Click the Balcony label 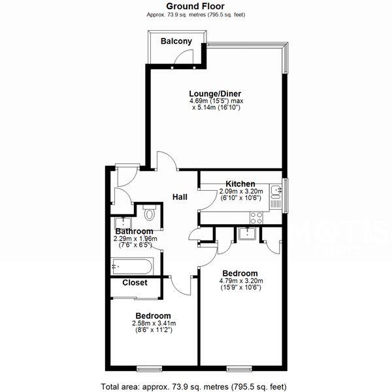tap(176, 42)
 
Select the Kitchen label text tap(240, 184)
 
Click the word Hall tap(181, 197)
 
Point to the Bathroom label tap(134, 231)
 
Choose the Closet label tap(135, 283)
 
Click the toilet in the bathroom tap(150, 212)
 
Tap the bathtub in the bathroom tap(133, 266)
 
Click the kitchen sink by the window tap(278, 190)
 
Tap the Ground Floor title tap(196, 6)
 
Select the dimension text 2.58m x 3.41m tap(154, 323)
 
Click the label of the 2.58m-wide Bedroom tap(154, 316)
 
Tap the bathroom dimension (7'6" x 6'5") tap(134, 246)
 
